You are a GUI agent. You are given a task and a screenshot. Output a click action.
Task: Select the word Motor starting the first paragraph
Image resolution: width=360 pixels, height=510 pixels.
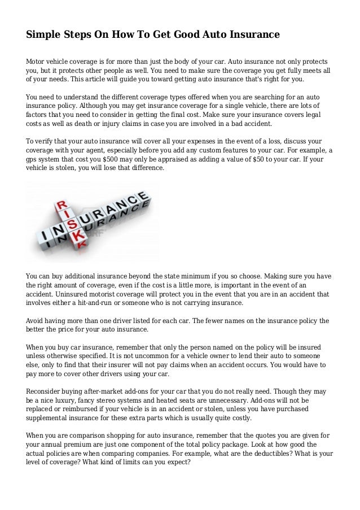pos(37,60)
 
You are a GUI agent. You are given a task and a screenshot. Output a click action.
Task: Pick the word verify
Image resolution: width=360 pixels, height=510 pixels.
pos(47,141)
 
